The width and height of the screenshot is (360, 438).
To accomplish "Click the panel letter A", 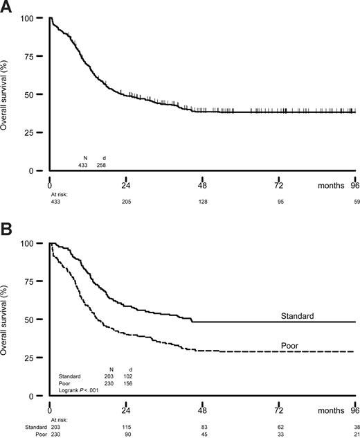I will (8, 8).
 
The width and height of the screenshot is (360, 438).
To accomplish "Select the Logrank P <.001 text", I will (82, 391).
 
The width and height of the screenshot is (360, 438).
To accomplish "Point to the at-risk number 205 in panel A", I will (127, 202).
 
